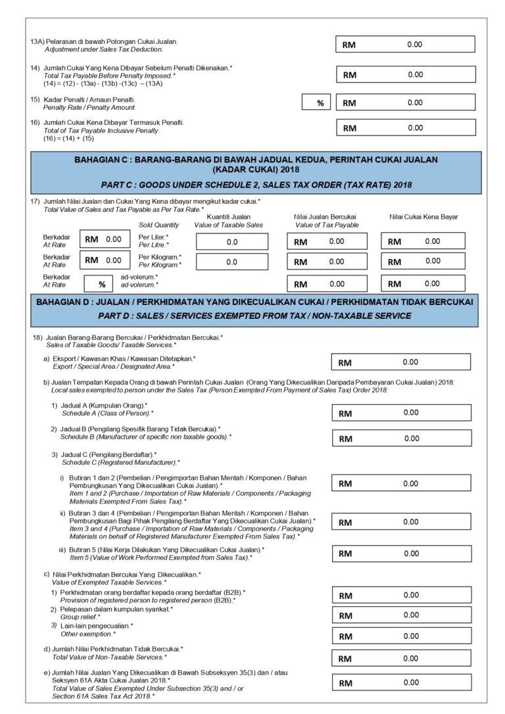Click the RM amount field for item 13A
click(404, 44)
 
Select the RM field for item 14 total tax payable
click(404, 75)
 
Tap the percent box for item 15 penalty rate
click(319, 103)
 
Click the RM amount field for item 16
click(404, 128)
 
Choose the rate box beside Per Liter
click(103, 239)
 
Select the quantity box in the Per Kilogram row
click(231, 262)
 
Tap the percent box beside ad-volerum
click(102, 284)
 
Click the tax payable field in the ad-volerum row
click(423, 284)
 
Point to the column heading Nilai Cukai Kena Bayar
click(423, 216)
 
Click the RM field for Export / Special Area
click(401, 362)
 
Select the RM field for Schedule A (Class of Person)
click(401, 413)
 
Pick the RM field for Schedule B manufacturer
click(401, 438)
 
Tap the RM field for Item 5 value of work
click(401, 553)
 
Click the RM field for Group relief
click(401, 615)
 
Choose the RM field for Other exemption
click(401, 636)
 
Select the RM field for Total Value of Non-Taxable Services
click(401, 658)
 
